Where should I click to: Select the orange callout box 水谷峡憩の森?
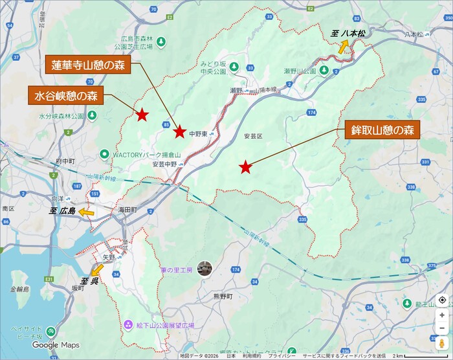(65, 96)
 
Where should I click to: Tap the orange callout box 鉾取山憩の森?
(382, 129)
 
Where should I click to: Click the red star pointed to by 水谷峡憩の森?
(142, 115)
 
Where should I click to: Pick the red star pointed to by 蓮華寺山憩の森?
(180, 132)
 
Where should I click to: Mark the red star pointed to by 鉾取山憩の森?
(245, 168)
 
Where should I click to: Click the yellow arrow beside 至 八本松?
(344, 46)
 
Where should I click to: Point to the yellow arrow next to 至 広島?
(85, 212)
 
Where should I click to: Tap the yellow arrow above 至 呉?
(98, 269)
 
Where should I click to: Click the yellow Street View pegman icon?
(441, 343)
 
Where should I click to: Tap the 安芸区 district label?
(253, 137)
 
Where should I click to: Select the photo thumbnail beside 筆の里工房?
(204, 267)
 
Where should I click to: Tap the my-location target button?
(441, 300)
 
